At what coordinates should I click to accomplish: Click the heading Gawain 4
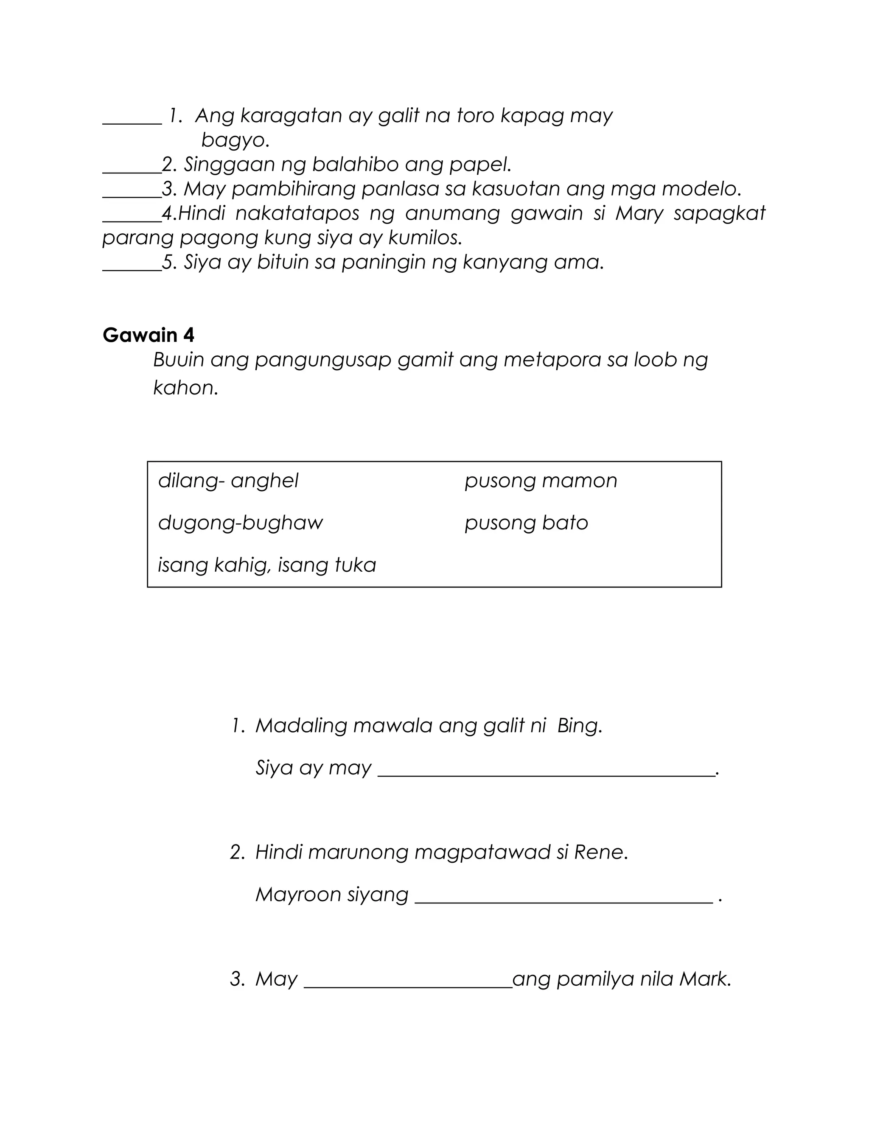pos(148,335)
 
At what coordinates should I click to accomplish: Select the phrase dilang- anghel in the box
pos(228,481)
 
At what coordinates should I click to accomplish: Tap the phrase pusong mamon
pos(541,481)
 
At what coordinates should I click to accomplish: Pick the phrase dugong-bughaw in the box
pos(241,523)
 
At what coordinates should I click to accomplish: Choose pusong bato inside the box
pos(526,523)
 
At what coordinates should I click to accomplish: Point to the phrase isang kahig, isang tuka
pos(266,565)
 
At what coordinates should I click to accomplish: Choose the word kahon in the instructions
pos(185,388)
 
